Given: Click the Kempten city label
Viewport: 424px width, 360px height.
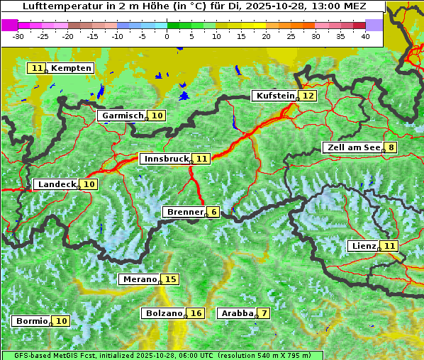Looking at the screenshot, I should coord(71,68).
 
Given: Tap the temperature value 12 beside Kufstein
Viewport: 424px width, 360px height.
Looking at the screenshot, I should coord(308,96).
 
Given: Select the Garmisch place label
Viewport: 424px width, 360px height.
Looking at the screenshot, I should coord(123,116).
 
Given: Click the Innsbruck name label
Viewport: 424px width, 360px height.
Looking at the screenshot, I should coord(165,159).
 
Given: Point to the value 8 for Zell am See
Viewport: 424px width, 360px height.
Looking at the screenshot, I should coord(391,147).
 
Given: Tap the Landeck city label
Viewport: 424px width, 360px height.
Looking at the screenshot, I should coord(57,184).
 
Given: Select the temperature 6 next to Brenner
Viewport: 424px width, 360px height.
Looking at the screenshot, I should coord(213,212).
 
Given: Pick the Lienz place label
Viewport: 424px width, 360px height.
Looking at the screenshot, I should coord(363,246).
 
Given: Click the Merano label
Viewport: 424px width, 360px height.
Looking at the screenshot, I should coord(139,279).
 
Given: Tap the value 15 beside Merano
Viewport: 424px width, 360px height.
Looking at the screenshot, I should coord(170,279).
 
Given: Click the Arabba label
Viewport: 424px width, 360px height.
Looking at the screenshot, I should coord(237,313).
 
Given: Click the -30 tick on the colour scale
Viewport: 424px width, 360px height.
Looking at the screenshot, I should coord(18,35).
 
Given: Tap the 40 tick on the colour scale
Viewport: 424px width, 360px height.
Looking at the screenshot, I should coord(365,35).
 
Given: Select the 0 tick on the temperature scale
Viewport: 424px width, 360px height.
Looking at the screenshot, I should coord(167,35).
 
